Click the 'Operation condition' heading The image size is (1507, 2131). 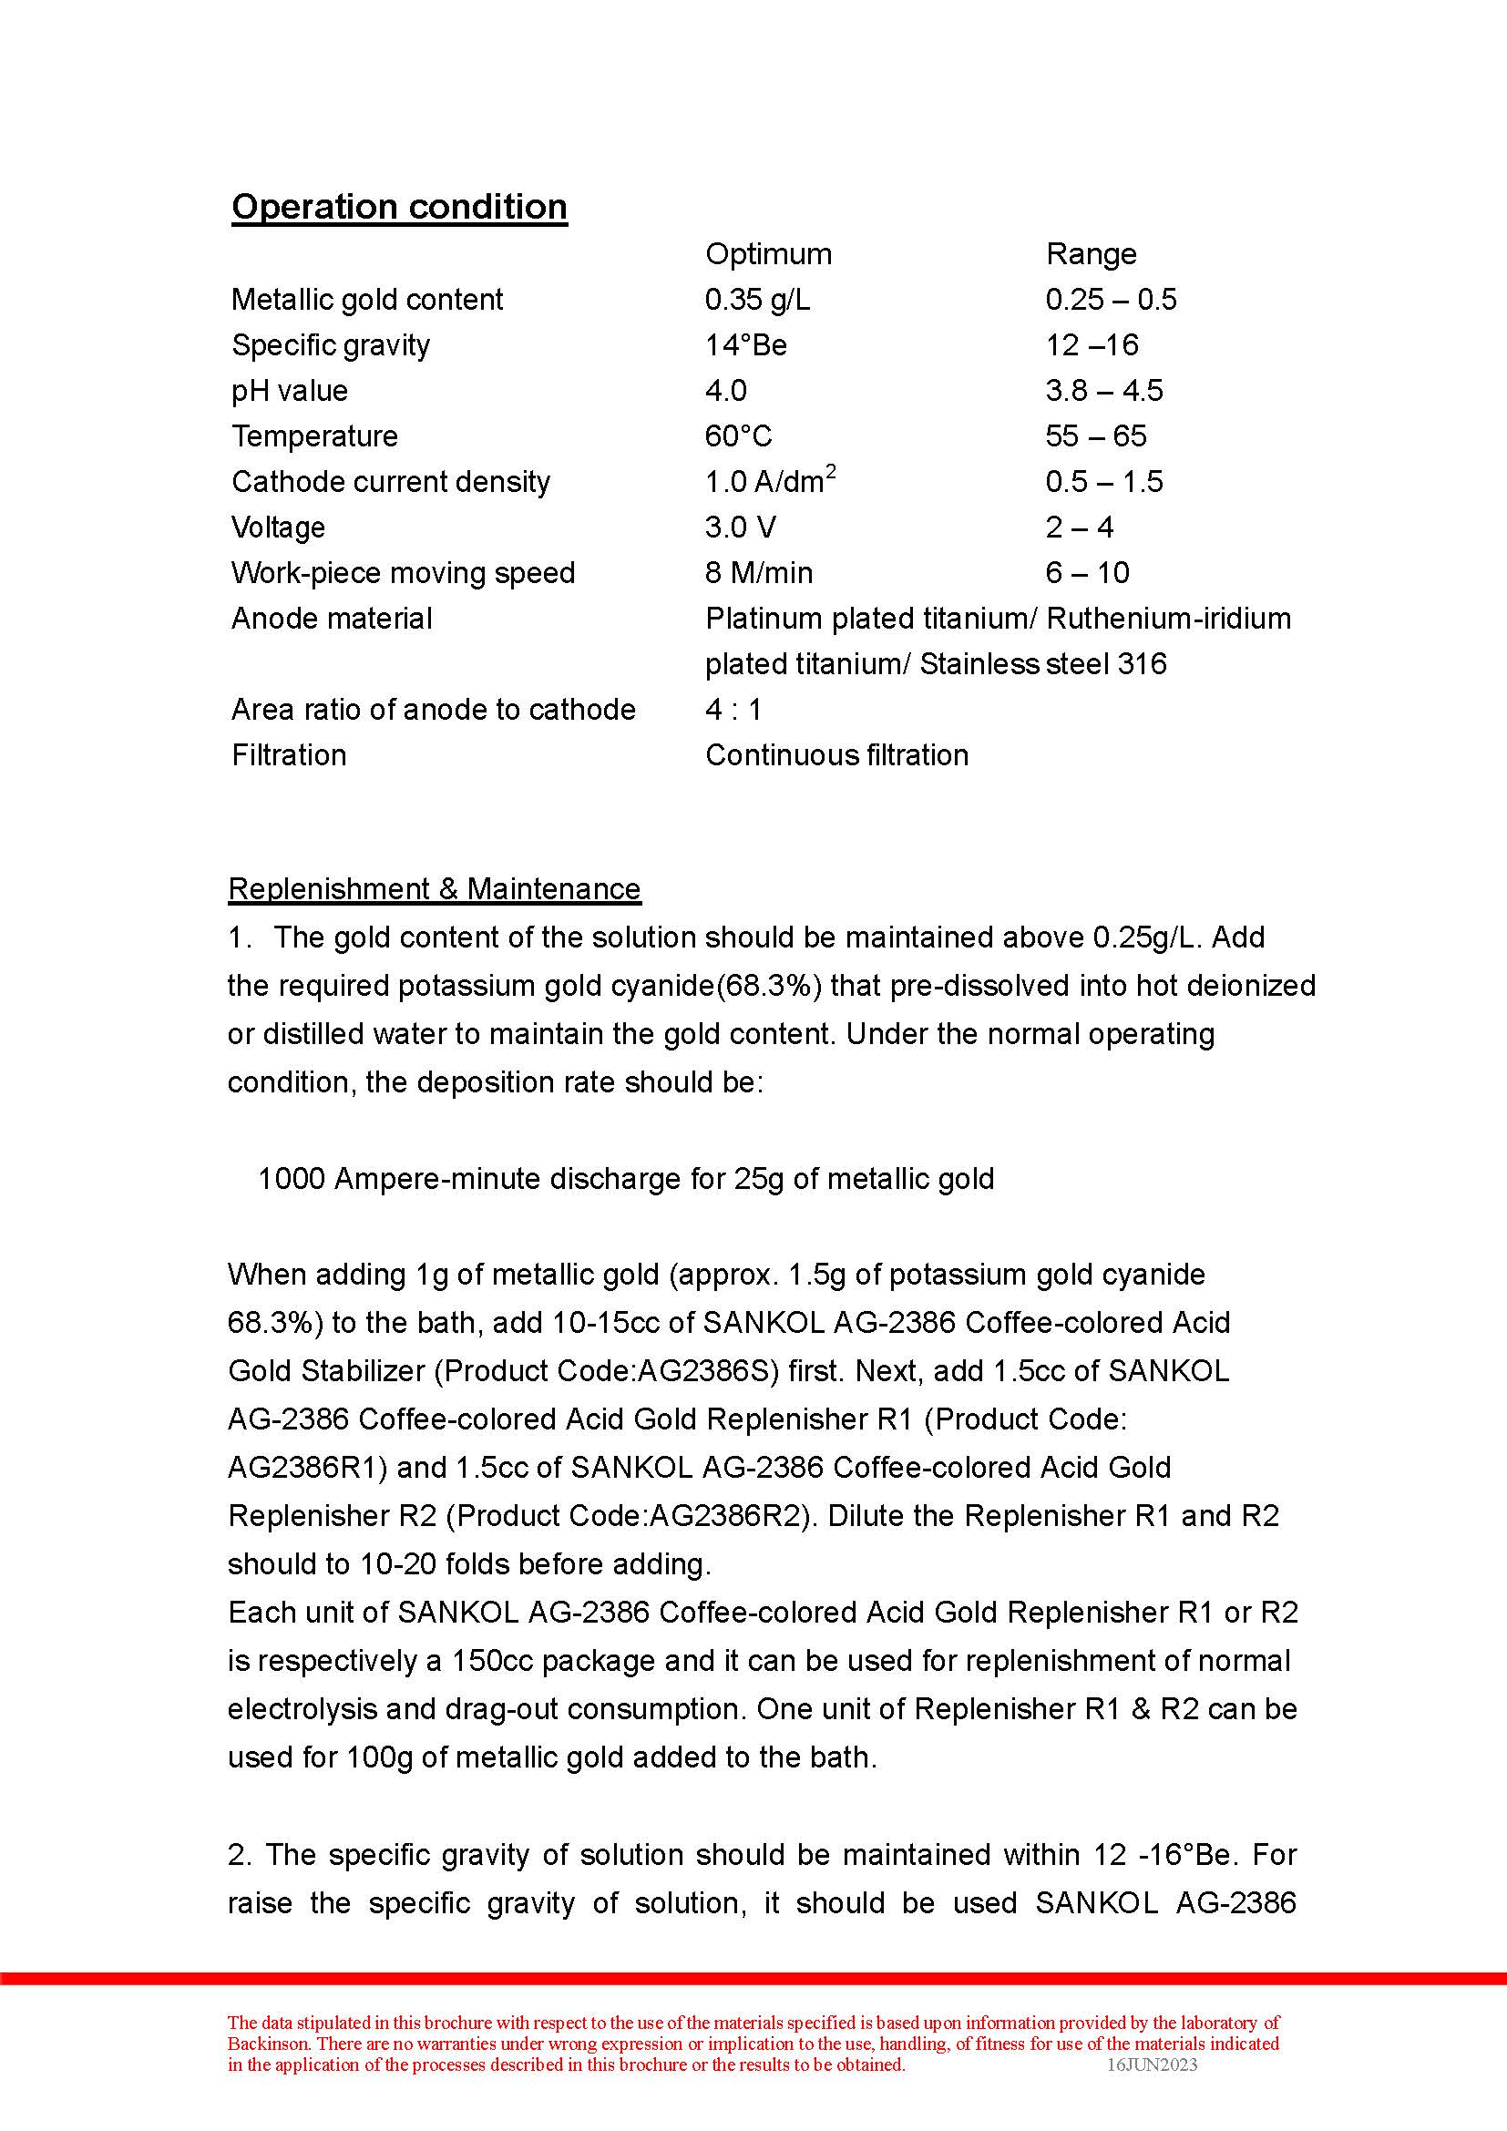click(x=399, y=206)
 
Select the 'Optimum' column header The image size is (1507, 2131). click(x=768, y=253)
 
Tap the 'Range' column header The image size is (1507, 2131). click(x=1092, y=253)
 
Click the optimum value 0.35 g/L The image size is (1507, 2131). click(x=757, y=299)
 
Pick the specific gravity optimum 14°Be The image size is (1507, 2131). click(x=746, y=345)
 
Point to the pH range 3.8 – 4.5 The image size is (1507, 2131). click(x=1104, y=391)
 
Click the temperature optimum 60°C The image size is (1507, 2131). click(x=739, y=436)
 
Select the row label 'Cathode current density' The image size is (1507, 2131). click(x=391, y=482)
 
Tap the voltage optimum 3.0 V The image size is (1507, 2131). click(x=741, y=528)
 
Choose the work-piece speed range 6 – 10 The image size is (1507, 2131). click(x=1088, y=573)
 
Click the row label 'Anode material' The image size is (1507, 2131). click(x=332, y=618)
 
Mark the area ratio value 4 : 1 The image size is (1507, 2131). click(x=733, y=709)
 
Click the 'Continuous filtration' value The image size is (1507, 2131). click(x=837, y=754)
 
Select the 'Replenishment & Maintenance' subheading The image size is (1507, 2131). click(x=435, y=889)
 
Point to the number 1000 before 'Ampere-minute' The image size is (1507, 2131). click(x=291, y=1179)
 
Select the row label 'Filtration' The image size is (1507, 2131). click(x=289, y=754)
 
